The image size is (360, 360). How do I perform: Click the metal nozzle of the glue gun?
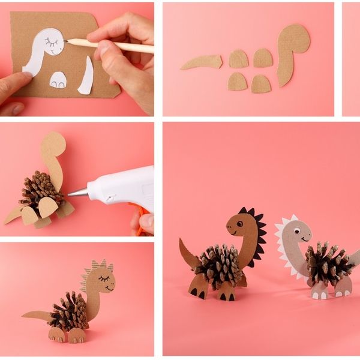[77, 192]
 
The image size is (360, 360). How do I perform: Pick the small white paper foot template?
[58, 79]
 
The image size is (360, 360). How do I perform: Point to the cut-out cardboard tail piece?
[201, 61]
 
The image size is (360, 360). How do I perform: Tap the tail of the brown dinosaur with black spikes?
[188, 254]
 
